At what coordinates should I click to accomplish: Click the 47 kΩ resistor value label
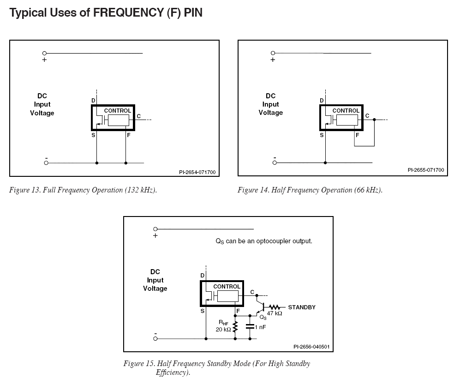[275, 313]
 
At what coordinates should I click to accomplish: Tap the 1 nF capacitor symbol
[250, 326]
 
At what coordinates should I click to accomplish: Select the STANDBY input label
[302, 307]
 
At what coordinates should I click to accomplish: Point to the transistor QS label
[263, 317]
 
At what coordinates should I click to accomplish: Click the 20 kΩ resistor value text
[223, 330]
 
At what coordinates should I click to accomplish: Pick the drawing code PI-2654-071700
[197, 172]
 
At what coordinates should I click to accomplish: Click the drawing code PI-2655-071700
[426, 170]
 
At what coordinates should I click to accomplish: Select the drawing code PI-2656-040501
[311, 347]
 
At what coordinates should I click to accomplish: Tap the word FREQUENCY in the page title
[128, 12]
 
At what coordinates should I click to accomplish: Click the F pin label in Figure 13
[128, 135]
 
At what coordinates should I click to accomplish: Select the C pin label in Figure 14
[367, 116]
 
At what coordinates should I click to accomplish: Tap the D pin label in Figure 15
[203, 276]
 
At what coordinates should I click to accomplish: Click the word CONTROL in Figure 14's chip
[346, 111]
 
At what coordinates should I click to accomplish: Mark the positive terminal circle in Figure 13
[45, 54]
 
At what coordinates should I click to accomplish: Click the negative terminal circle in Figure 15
[155, 339]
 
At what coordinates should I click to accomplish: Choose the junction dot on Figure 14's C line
[374, 120]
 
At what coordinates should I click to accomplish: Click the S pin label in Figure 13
[93, 135]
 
